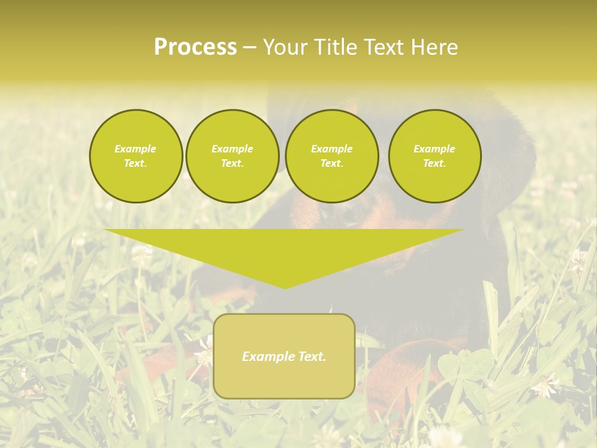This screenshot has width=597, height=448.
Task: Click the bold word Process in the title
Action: tap(195, 47)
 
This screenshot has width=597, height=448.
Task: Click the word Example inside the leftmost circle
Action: tap(136, 149)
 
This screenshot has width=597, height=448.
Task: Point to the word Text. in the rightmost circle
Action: tap(435, 164)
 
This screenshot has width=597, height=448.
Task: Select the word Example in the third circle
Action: tap(331, 149)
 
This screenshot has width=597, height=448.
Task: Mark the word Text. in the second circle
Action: tap(232, 164)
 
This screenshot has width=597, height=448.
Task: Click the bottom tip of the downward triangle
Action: tap(285, 287)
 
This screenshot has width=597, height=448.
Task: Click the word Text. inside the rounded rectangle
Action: tap(311, 357)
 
